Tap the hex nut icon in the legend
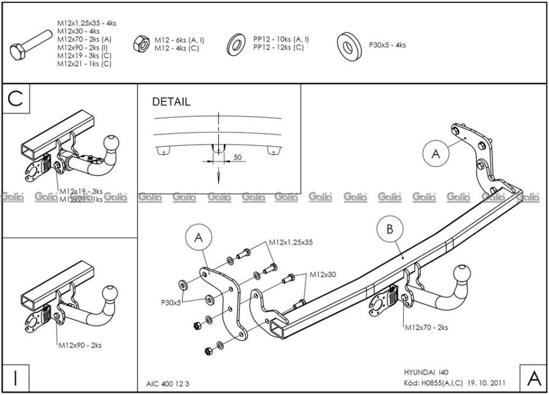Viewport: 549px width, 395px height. [141, 43]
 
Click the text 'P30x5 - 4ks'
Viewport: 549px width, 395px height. [387, 44]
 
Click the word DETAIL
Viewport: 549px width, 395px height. [171, 102]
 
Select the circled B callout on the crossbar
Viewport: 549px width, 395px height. [390, 230]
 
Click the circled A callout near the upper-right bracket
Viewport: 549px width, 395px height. [435, 153]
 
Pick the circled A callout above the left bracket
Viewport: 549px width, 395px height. [198, 238]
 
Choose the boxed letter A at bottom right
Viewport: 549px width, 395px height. [533, 379]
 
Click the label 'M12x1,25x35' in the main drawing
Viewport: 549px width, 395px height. [291, 242]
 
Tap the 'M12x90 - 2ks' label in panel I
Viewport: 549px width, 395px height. [80, 345]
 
